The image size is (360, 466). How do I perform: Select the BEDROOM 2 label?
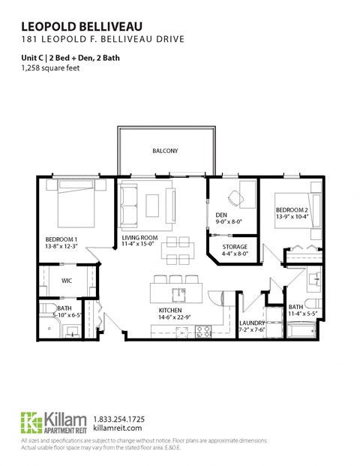(x=291, y=210)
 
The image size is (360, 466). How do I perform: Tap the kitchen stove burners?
(x=202, y=330)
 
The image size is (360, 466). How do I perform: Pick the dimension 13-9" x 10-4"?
(x=291, y=218)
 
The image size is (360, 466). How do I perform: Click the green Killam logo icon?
(x=31, y=422)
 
